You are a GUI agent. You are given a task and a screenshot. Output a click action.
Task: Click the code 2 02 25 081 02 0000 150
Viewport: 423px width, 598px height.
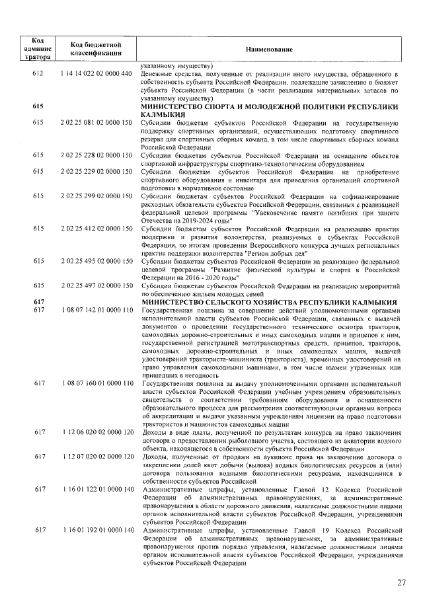[96, 123]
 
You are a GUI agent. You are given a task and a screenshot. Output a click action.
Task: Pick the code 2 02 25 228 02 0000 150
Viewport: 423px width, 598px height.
[96, 155]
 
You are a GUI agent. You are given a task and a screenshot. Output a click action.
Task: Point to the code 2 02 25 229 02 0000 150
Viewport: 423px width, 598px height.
[96, 172]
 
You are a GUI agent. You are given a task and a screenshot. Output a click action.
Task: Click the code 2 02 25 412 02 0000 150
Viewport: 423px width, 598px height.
[96, 229]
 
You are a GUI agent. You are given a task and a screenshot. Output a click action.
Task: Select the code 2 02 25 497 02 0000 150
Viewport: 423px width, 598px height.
[96, 285]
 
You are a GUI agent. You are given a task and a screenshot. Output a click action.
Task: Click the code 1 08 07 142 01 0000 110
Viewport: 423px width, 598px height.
[96, 310]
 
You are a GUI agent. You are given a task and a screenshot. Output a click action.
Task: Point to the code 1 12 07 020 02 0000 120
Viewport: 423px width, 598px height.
[96, 457]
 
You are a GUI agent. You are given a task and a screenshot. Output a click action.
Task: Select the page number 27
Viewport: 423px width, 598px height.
[401, 582]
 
